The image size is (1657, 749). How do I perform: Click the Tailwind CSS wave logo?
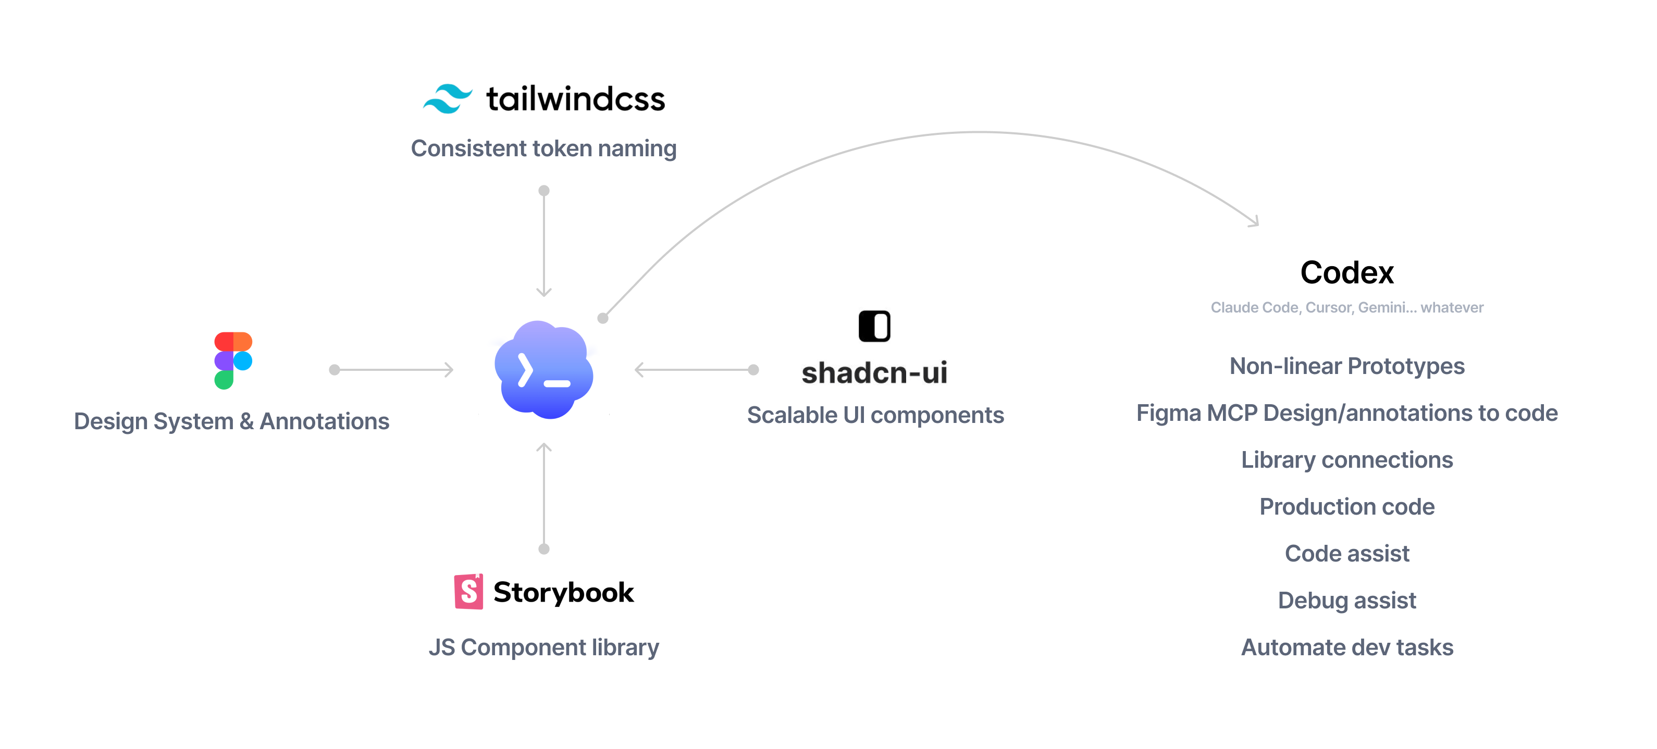tap(448, 98)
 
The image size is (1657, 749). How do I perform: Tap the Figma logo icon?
tap(233, 360)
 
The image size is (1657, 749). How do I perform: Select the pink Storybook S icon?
tap(469, 592)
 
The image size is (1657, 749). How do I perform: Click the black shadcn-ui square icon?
tap(874, 326)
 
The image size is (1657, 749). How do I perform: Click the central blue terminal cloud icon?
tap(543, 370)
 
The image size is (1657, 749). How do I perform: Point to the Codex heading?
tap(1347, 272)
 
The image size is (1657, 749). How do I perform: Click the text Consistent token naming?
tap(543, 148)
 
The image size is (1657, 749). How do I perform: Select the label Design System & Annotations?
tap(231, 421)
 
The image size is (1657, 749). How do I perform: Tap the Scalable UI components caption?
tap(875, 415)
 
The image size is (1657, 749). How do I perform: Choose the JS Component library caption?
tap(543, 647)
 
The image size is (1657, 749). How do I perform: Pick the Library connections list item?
tap(1347, 460)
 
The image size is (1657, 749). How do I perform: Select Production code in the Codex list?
tap(1347, 507)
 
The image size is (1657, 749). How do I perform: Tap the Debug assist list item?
tap(1347, 601)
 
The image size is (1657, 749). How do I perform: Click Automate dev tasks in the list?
tap(1347, 647)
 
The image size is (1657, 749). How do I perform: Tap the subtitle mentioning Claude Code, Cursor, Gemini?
tap(1347, 308)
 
